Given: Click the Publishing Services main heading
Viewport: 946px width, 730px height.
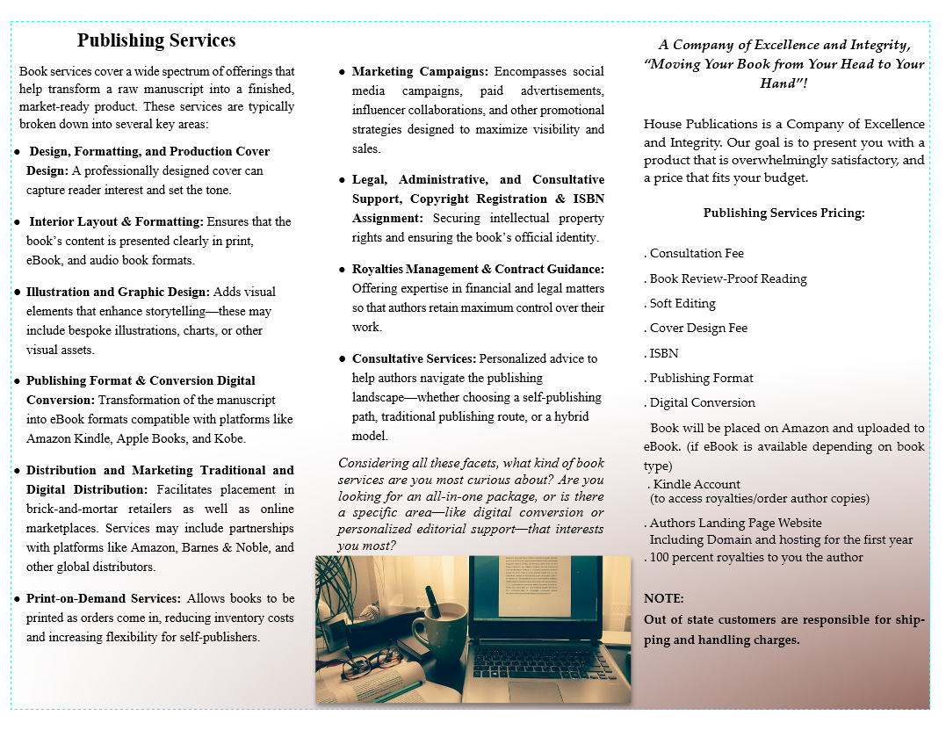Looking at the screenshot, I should (156, 40).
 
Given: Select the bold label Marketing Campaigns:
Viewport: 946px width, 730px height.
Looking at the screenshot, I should (420, 71).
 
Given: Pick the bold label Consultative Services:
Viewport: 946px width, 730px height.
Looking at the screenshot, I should (414, 358).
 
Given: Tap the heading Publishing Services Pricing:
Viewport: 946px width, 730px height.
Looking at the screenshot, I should (784, 213).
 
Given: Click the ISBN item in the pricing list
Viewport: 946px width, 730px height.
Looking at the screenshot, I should (664, 353).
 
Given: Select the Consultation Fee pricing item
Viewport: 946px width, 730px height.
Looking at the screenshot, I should (697, 253).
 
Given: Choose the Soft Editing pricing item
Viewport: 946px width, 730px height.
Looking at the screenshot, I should (682, 303).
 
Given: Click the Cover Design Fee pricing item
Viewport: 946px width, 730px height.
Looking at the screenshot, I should (698, 328).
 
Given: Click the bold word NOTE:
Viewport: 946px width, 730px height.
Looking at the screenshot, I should (664, 598).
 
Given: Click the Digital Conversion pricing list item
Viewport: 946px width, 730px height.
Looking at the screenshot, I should (702, 402).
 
